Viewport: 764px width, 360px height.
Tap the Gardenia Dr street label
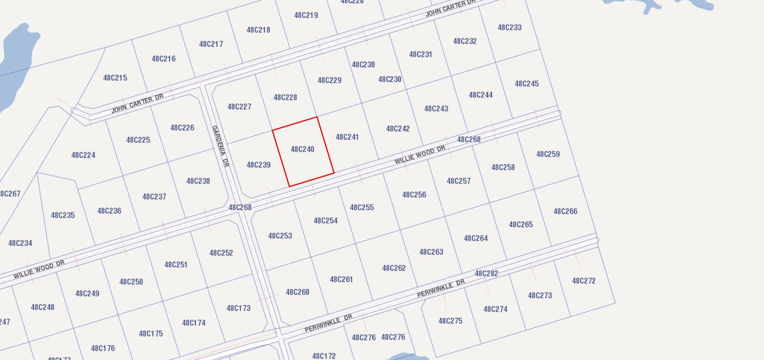[x=220, y=146]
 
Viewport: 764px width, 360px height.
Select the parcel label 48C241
[x=347, y=137]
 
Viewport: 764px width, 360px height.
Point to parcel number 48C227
[x=239, y=107]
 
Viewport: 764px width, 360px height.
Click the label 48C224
[x=83, y=155]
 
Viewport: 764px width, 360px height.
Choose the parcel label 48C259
[x=548, y=154]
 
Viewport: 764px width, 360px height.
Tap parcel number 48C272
[x=583, y=281]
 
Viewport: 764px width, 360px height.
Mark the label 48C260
[x=297, y=292]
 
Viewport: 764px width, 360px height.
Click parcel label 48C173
[x=238, y=308]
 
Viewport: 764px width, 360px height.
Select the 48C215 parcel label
[x=115, y=78]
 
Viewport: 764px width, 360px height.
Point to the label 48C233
[x=509, y=27]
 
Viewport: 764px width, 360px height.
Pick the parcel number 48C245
[x=527, y=84]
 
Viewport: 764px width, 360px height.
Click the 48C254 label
[x=325, y=221]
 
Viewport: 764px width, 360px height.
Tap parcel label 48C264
[x=476, y=238]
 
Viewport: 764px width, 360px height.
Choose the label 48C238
[x=198, y=181]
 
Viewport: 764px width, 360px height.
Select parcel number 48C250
[x=131, y=282]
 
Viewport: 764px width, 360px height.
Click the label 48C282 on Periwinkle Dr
[x=486, y=273]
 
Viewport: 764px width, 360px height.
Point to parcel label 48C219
[x=306, y=15]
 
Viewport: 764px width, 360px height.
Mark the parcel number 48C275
[x=450, y=321]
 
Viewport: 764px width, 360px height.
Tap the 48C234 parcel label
[x=20, y=243]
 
